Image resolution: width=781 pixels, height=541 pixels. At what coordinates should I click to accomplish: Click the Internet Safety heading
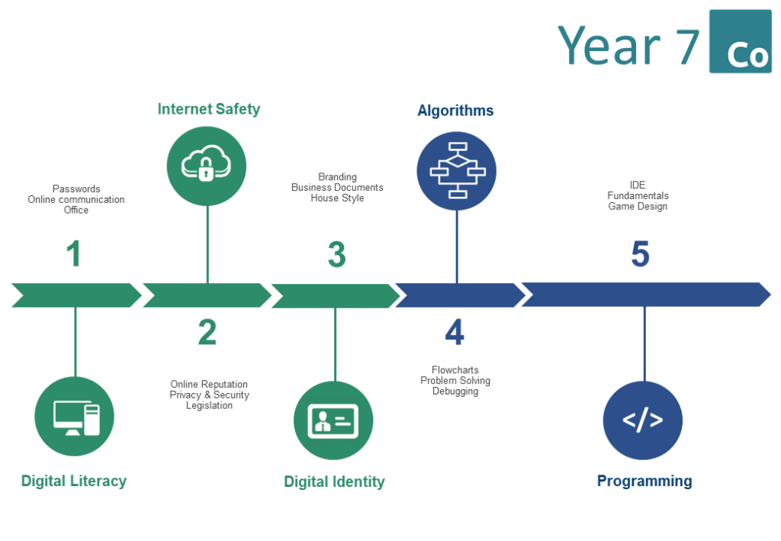209,109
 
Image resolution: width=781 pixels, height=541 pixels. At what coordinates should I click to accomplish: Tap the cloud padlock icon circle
206,166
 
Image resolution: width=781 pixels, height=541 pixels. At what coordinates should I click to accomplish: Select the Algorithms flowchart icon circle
456,171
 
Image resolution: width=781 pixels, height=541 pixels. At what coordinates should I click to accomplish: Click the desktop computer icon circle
74,416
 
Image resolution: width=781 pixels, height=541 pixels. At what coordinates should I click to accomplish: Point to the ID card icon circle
333,420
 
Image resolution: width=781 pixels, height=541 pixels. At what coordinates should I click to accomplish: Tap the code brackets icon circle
642,420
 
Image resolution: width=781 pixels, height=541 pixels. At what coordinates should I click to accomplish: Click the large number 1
74,253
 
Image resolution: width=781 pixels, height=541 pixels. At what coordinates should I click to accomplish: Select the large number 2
207,332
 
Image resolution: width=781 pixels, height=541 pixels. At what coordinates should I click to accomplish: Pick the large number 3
336,255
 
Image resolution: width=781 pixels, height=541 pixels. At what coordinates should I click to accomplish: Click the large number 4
455,332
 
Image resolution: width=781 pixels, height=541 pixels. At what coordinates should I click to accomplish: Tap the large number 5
640,253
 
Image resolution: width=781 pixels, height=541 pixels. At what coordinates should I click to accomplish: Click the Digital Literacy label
74,481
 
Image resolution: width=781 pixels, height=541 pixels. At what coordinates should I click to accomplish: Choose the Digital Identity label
334,481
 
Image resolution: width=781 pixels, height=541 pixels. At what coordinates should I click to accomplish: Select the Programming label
644,481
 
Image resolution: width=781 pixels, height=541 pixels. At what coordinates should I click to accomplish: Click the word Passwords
76,188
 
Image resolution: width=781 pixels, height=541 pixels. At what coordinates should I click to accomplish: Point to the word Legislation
209,405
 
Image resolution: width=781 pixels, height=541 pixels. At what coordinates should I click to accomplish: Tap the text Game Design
638,206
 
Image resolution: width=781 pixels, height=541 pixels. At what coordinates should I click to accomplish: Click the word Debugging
455,391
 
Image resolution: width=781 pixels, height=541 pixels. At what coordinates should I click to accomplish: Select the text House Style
337,198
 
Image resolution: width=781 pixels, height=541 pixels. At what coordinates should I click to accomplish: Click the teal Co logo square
740,41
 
